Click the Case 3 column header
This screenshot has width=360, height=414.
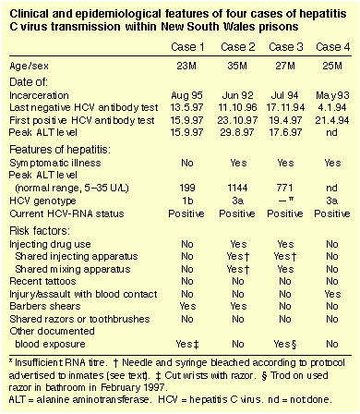click(x=285, y=47)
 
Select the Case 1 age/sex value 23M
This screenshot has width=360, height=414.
click(x=186, y=66)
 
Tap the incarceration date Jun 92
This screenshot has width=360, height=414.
click(x=237, y=95)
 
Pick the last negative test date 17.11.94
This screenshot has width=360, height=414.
click(x=285, y=107)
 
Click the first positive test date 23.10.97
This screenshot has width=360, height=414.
click(x=237, y=120)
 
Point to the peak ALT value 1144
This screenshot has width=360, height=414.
click(x=237, y=188)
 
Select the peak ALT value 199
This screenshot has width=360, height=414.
click(x=187, y=188)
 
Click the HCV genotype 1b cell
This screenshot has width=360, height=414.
click(x=187, y=201)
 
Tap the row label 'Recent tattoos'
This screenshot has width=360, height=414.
click(x=42, y=281)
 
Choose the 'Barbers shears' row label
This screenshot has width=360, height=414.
click(x=45, y=306)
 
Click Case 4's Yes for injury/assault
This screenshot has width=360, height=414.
click(x=332, y=294)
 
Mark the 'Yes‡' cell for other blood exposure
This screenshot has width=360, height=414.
click(x=187, y=344)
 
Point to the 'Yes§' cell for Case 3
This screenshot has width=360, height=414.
click(x=285, y=344)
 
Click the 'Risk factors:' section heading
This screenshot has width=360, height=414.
click(x=40, y=231)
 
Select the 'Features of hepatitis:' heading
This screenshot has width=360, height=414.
click(x=60, y=150)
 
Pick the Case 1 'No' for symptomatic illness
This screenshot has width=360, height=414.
click(x=187, y=163)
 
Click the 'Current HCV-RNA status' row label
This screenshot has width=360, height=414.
click(x=66, y=213)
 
